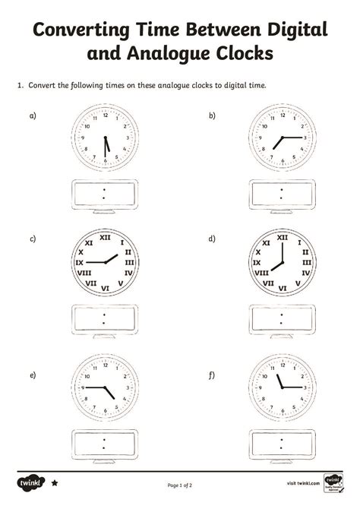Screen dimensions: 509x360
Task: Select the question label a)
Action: point(33,115)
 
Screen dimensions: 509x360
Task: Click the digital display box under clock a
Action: point(103,193)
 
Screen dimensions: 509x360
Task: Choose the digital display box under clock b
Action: point(281,193)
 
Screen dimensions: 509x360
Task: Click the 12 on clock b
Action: point(282,115)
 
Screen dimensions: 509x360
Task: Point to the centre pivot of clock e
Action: point(104,387)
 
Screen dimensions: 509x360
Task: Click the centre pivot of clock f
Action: point(282,387)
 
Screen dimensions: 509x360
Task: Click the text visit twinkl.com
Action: point(302,483)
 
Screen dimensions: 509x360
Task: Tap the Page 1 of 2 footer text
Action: point(180,484)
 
